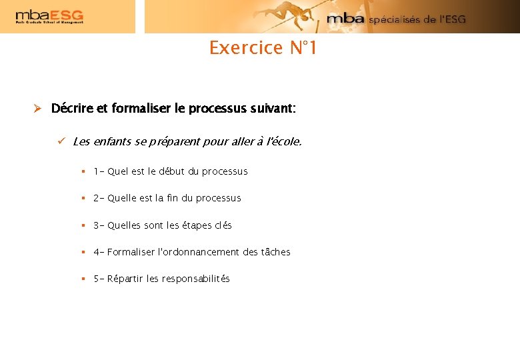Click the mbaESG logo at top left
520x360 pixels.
(x=49, y=17)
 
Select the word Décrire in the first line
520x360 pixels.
(x=73, y=108)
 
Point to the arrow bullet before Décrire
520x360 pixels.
(x=38, y=108)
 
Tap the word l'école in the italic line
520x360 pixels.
(x=283, y=141)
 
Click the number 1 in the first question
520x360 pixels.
(x=97, y=171)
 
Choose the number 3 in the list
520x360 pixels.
(x=97, y=225)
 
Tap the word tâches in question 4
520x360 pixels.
(x=275, y=252)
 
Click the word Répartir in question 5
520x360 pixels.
(x=125, y=279)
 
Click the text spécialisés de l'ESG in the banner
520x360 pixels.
(x=417, y=19)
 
